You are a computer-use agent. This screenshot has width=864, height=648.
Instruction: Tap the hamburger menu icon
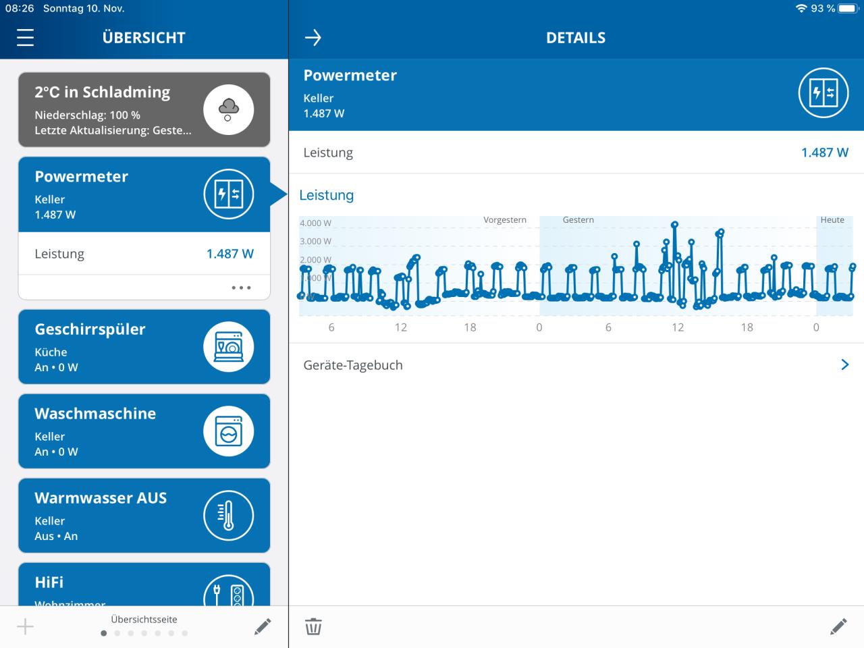click(x=25, y=38)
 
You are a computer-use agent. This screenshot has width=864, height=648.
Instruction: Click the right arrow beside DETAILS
click(x=313, y=38)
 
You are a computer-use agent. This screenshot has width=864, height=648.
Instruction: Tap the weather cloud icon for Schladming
click(x=228, y=109)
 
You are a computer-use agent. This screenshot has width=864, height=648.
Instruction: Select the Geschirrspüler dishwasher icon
click(x=228, y=347)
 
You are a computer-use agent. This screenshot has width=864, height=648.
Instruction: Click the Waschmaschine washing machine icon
click(x=228, y=431)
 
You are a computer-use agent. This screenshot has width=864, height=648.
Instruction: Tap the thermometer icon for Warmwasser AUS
click(x=228, y=516)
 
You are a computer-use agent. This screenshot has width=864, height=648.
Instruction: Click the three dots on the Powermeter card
click(x=241, y=288)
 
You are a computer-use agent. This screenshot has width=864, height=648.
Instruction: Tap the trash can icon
click(x=313, y=626)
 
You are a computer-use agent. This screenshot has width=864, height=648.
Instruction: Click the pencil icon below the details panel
click(x=838, y=626)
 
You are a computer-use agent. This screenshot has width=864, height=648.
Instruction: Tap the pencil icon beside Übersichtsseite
click(x=263, y=626)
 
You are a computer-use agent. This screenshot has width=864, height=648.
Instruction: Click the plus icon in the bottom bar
click(x=25, y=626)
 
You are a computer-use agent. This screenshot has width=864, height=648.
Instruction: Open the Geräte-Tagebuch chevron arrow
click(x=844, y=364)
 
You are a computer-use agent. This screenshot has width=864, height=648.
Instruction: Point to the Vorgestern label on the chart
click(x=505, y=220)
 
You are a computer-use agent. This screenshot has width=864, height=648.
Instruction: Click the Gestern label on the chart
click(x=578, y=220)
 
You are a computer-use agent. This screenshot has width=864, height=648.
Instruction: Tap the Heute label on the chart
click(x=832, y=220)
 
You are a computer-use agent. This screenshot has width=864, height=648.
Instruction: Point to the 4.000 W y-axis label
click(x=315, y=223)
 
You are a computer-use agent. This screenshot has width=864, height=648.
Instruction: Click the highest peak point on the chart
click(x=674, y=225)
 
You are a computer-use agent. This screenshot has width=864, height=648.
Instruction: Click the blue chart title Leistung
click(x=327, y=195)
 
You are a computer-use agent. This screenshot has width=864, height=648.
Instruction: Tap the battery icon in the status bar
click(x=848, y=9)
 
